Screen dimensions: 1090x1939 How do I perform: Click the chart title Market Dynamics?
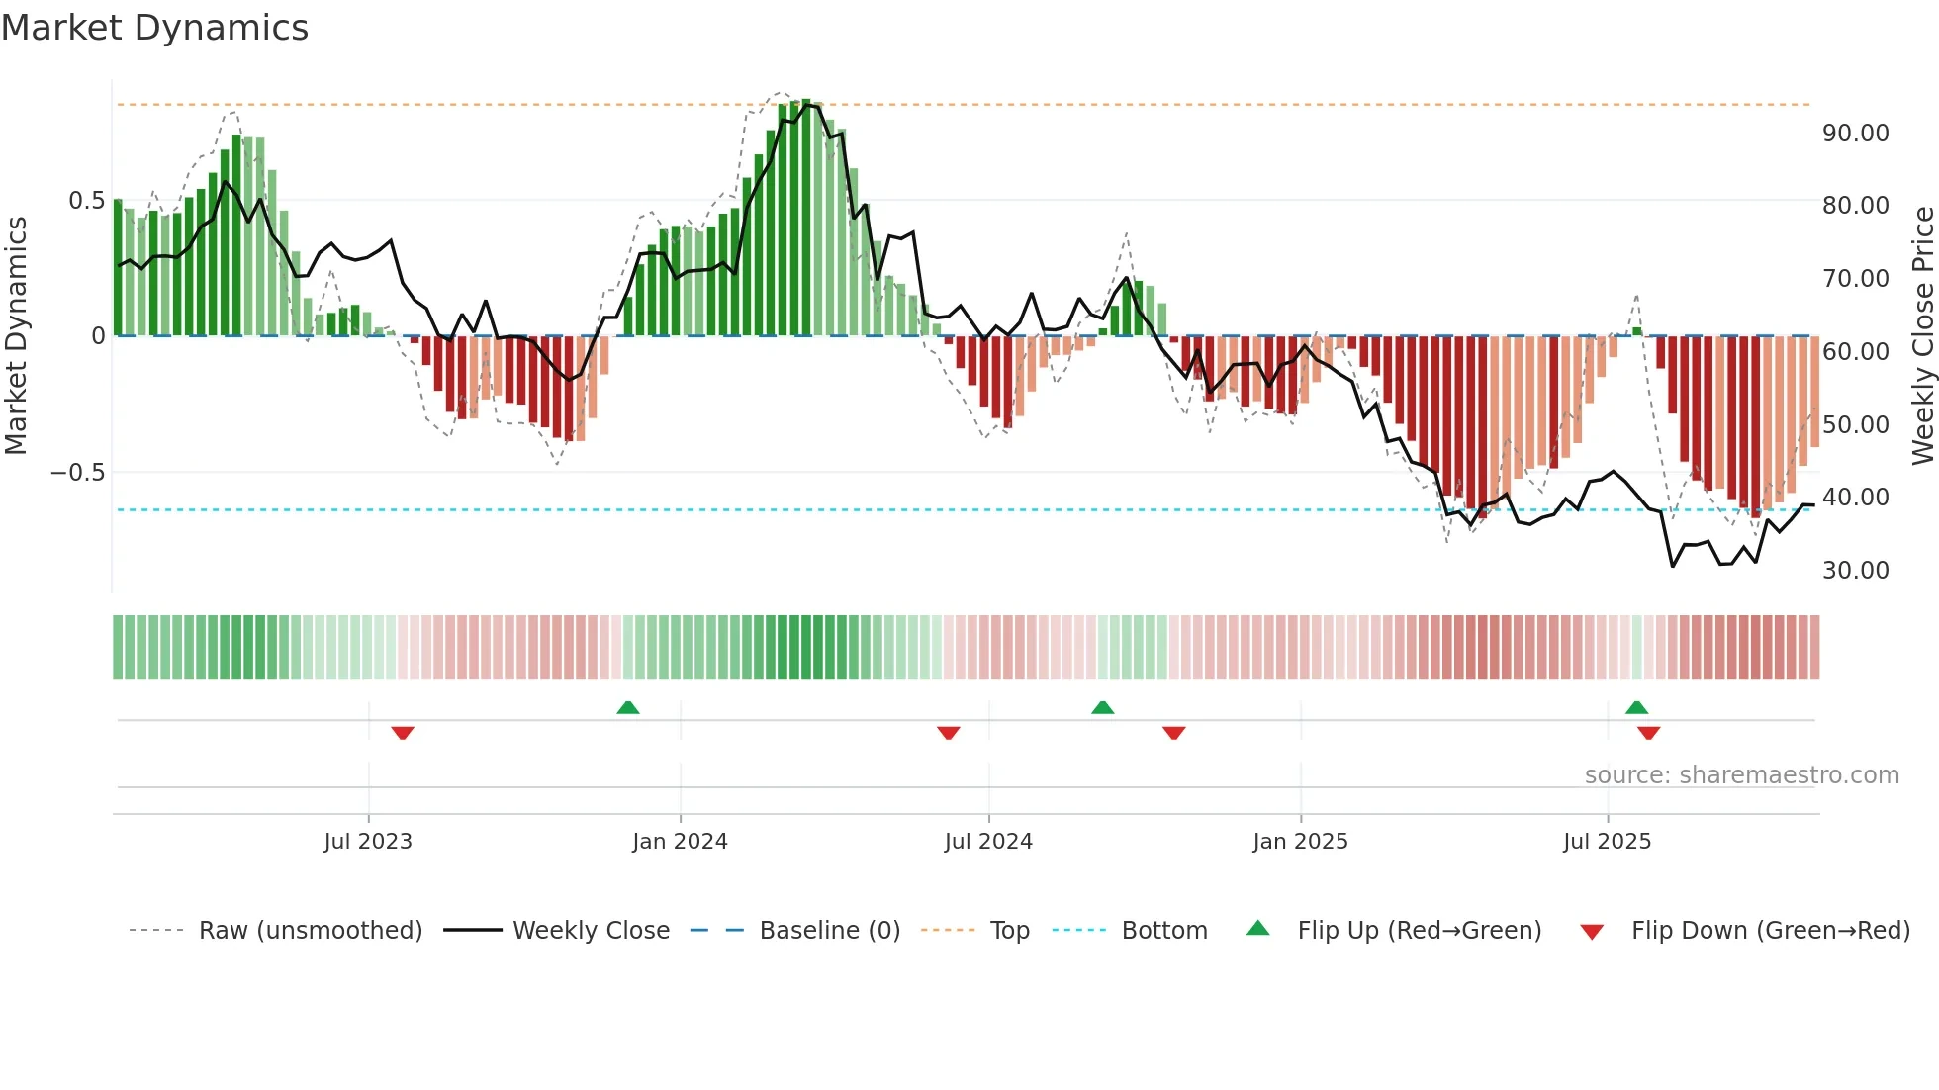click(154, 28)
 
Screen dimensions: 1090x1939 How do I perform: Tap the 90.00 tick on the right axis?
click(1855, 134)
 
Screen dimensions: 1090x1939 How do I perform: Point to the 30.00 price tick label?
click(1855, 571)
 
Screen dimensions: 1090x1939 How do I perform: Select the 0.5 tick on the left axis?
click(86, 201)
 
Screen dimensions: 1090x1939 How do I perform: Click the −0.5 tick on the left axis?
click(78, 473)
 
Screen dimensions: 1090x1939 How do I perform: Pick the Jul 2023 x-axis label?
click(368, 842)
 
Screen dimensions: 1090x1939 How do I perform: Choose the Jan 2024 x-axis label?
click(680, 842)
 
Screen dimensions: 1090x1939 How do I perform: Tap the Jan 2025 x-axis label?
click(1300, 842)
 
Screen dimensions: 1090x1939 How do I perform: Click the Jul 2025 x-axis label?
click(1607, 842)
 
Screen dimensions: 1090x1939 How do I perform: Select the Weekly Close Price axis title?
click(1922, 335)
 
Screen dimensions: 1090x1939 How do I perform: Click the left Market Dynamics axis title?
click(16, 335)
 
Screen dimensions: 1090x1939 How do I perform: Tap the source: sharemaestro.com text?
click(1741, 775)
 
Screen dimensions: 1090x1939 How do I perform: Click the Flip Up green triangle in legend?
click(1257, 928)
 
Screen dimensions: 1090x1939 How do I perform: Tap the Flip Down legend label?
click(1770, 931)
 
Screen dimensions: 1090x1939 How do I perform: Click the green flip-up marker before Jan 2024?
click(628, 707)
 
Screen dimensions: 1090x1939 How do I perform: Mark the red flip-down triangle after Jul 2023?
click(403, 733)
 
